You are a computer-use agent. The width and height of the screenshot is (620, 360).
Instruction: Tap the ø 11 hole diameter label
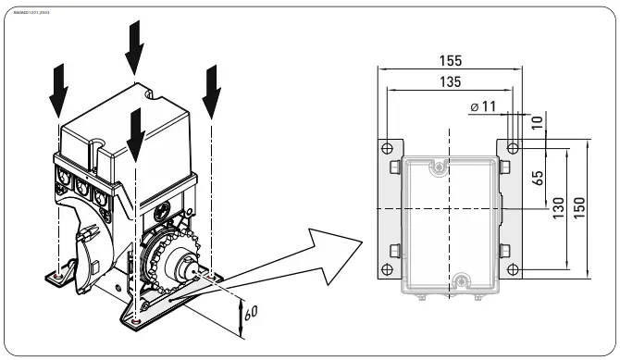tap(482, 107)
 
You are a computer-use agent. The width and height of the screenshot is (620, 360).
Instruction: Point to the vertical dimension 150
tap(578, 208)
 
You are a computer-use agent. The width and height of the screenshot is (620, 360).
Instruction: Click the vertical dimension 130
tap(558, 210)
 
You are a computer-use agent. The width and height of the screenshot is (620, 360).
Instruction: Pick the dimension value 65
tap(539, 178)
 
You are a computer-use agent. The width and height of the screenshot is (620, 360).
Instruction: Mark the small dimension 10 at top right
tap(539, 121)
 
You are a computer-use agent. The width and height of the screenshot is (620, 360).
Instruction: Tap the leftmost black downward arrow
tap(58, 86)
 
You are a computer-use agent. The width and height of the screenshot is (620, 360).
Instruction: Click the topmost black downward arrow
tap(135, 46)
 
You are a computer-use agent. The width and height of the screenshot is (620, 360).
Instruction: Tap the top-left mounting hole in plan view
tap(385, 148)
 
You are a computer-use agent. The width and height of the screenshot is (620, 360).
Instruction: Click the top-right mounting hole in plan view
tap(513, 148)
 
